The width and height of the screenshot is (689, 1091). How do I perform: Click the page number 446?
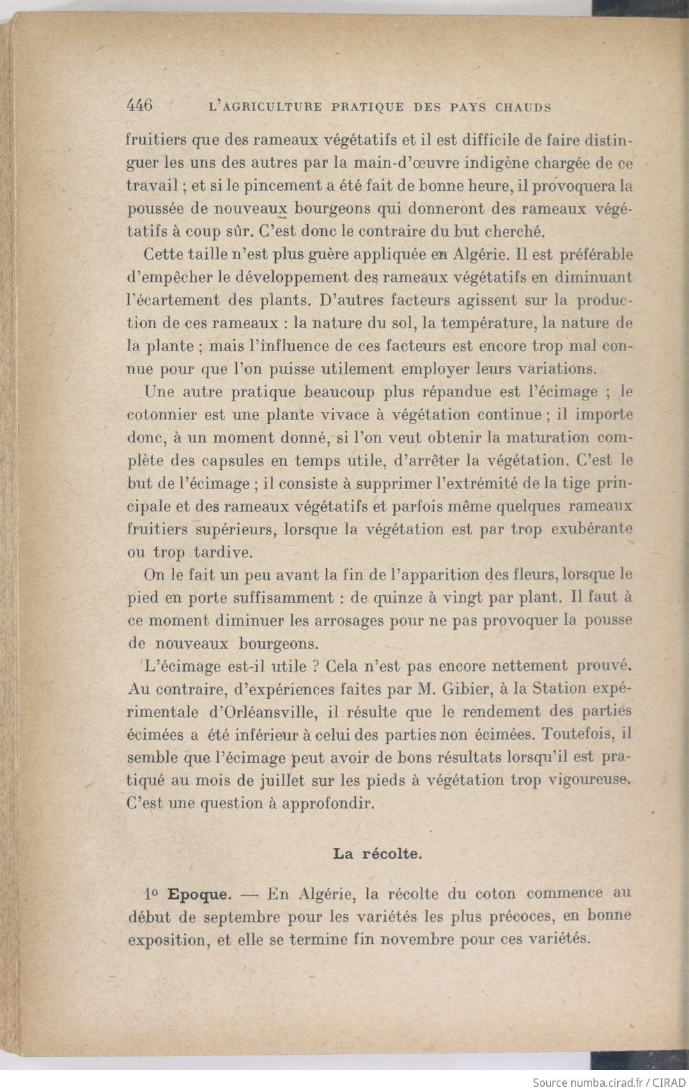click(x=139, y=106)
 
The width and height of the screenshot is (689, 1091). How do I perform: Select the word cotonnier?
click(x=163, y=415)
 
